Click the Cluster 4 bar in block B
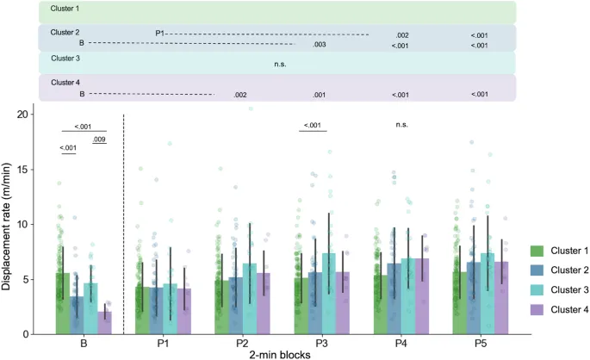click(105, 323)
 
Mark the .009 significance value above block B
click(99, 140)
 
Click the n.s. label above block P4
click(401, 125)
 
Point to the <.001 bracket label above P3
click(313, 126)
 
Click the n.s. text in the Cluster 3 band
click(280, 64)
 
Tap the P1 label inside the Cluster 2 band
click(160, 34)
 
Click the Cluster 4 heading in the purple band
click(65, 83)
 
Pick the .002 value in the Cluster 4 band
click(240, 95)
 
